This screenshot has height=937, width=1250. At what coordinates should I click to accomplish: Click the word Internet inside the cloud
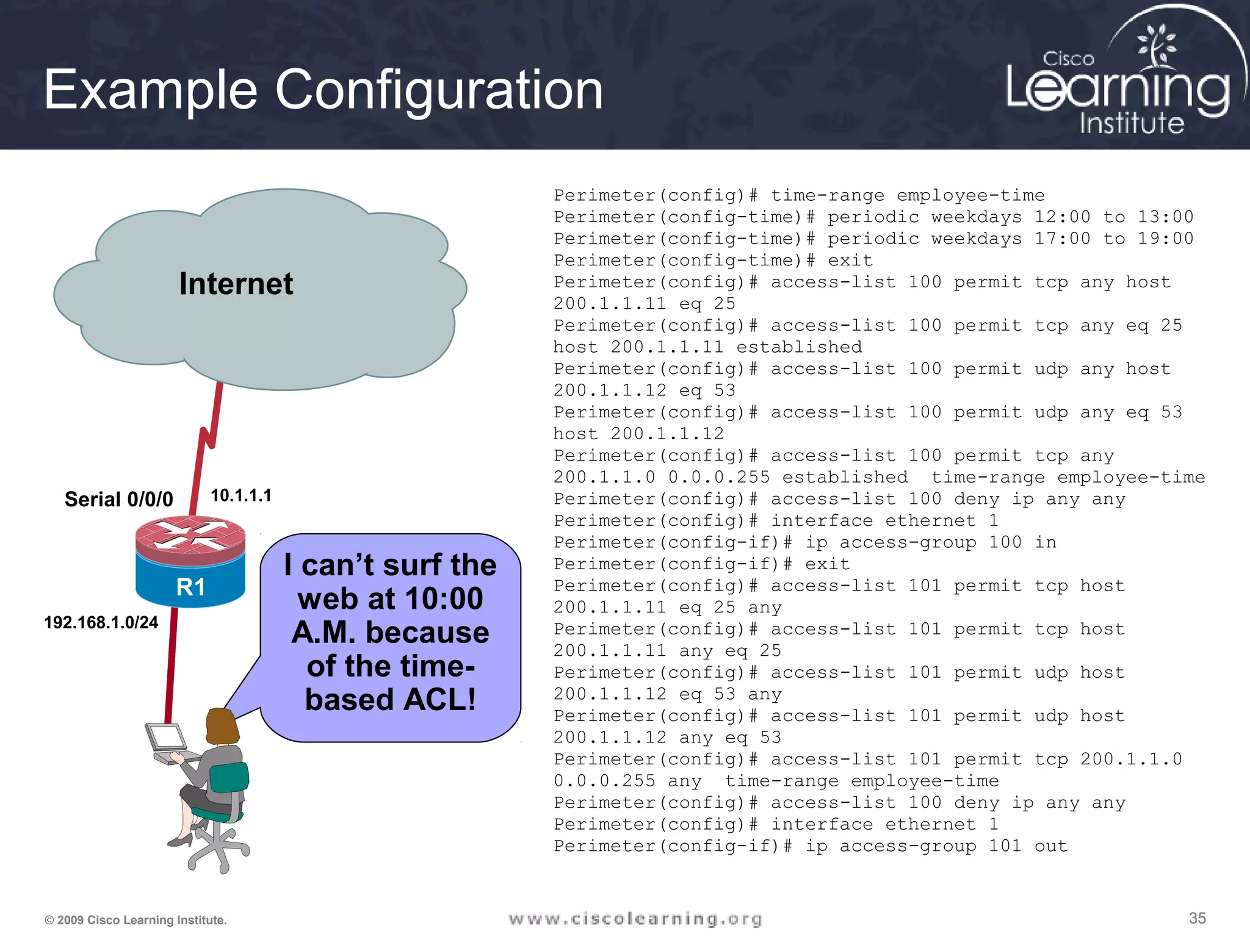(236, 284)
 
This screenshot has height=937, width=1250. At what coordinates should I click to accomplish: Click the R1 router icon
(190, 562)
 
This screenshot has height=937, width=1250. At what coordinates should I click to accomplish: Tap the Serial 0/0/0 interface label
(118, 500)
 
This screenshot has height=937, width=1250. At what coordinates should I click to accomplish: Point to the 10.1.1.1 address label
(240, 495)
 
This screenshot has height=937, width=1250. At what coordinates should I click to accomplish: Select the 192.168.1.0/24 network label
(101, 622)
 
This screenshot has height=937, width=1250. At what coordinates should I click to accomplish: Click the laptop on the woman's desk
(166, 739)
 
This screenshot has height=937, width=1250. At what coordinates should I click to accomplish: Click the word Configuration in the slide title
(439, 90)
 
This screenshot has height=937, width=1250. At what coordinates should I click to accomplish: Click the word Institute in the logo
(1132, 123)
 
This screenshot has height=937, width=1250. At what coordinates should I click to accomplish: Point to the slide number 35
(1197, 918)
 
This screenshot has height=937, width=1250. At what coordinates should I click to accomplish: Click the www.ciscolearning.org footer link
(635, 919)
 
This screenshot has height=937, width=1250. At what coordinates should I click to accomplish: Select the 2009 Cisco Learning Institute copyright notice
(135, 920)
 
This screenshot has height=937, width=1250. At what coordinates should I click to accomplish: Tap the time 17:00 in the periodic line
(1062, 239)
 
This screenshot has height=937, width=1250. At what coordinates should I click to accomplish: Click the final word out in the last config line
(1050, 846)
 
